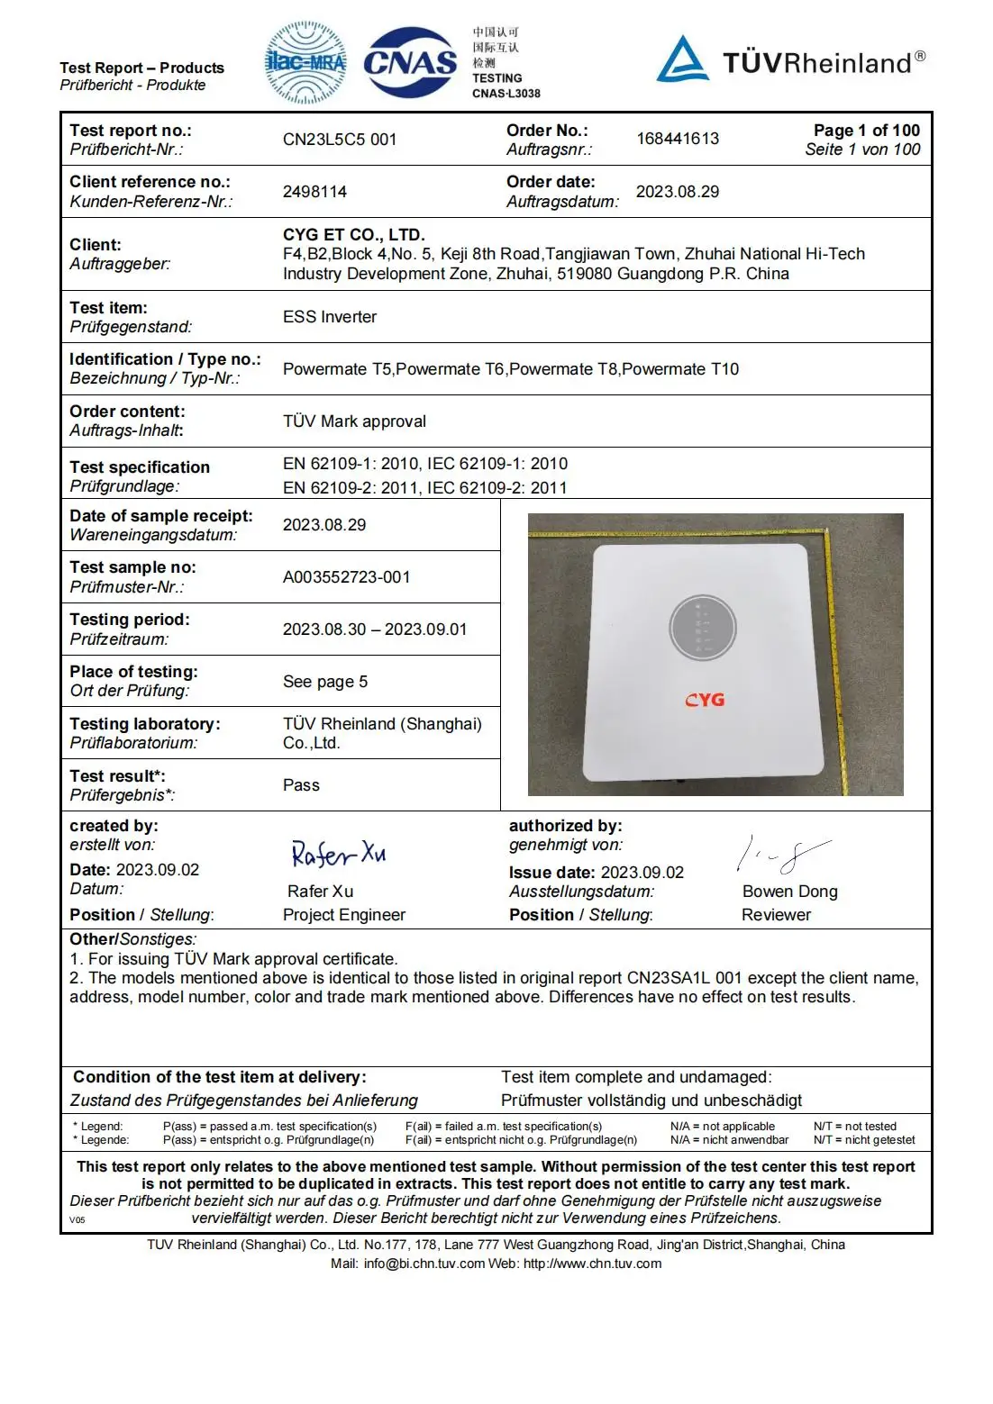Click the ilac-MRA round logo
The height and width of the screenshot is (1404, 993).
[x=305, y=63]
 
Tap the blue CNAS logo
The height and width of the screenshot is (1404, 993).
[x=410, y=63]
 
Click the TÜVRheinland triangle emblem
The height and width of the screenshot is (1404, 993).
[x=682, y=59]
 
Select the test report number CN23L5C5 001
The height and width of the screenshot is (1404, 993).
[x=340, y=140]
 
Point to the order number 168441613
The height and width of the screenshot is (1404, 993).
[x=678, y=139]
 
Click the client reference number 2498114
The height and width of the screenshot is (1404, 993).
[x=314, y=192]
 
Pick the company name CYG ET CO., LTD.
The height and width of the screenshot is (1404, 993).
[x=354, y=235]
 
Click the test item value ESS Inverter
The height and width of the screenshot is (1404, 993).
[x=330, y=317]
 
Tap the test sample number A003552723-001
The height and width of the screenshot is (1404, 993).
[x=346, y=577]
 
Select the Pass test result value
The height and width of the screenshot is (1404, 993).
[x=301, y=785]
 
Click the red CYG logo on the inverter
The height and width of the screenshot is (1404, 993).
[x=705, y=700]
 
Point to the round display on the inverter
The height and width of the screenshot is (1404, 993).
[x=703, y=628]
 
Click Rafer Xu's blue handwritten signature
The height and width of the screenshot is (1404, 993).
[x=338, y=854]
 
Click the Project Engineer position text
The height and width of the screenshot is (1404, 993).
[x=344, y=915]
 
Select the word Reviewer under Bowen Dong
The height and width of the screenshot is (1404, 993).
[x=776, y=915]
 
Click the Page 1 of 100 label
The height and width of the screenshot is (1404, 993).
[x=866, y=131]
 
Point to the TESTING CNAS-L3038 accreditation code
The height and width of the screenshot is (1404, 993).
[x=506, y=86]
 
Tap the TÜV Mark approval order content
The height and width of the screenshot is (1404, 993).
[x=354, y=421]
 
